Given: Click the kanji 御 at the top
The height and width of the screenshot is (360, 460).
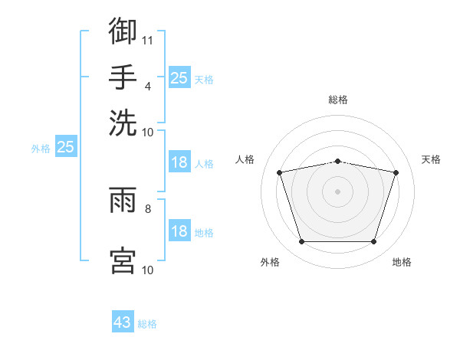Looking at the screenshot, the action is [x=123, y=31].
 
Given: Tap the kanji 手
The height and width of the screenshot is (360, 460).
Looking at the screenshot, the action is [x=123, y=77].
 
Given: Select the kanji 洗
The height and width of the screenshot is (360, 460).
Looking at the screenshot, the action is [x=123, y=123].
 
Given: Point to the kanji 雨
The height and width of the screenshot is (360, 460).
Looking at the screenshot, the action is [x=123, y=200].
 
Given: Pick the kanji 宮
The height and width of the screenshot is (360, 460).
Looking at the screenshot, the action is [x=123, y=260].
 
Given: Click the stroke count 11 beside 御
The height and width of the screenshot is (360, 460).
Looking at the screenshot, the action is [x=147, y=41].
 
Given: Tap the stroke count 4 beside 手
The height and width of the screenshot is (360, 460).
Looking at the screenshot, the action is [x=147, y=87].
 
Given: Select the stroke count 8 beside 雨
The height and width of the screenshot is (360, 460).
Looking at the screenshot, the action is [x=147, y=209].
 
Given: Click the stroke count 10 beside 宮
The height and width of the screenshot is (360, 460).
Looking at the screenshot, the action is [x=147, y=270].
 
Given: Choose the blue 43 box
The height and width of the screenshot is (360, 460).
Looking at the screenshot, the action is [x=123, y=321].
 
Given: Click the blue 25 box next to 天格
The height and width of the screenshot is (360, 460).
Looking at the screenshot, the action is [x=180, y=77].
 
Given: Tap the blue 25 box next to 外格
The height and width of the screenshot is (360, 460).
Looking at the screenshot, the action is [x=66, y=146].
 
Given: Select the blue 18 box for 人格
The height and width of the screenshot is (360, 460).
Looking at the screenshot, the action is [x=180, y=162].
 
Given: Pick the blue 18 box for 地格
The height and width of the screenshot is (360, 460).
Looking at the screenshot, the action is [x=180, y=230].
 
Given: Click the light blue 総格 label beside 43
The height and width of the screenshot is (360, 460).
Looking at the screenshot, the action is [x=147, y=324].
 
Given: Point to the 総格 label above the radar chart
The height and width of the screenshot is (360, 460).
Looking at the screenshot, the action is [x=338, y=100].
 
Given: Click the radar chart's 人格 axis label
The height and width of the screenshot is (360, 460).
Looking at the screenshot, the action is [x=245, y=159].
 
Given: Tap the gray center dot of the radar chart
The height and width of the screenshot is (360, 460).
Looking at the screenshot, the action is [x=337, y=191].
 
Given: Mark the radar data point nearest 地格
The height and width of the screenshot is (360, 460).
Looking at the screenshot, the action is [x=374, y=241].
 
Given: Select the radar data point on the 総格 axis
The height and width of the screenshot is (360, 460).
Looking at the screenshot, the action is [x=338, y=162].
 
